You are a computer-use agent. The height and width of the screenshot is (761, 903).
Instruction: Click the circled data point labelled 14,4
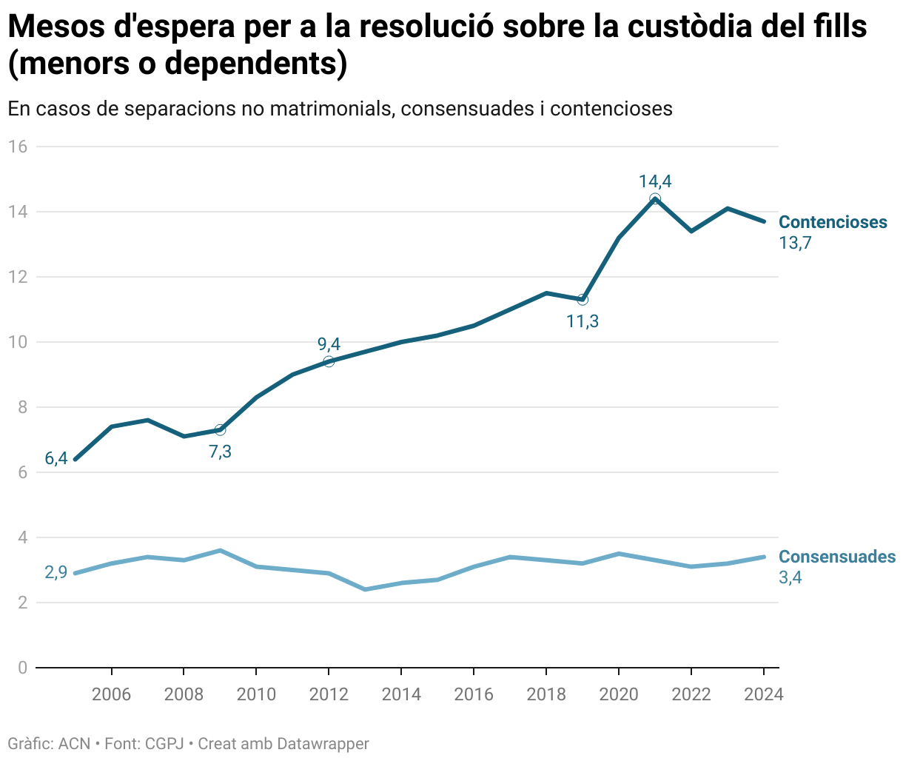point(655,199)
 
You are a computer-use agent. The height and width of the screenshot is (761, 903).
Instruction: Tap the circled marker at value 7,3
point(220,430)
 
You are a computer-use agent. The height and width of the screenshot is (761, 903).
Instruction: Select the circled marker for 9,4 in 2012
point(329,361)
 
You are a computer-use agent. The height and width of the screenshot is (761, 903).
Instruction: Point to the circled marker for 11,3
point(583,300)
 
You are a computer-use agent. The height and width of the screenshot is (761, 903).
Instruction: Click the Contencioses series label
point(833,222)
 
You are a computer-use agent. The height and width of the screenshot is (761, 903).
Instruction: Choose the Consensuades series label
point(837,557)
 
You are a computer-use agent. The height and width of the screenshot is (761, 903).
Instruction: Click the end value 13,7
point(795,243)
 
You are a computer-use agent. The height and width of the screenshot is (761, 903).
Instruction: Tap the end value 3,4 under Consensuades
point(790,577)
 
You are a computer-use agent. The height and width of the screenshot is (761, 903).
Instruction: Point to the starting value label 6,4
point(56,459)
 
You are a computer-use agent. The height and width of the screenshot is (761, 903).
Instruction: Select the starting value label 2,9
point(56,572)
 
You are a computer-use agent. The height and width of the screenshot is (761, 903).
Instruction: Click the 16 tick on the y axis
point(18,147)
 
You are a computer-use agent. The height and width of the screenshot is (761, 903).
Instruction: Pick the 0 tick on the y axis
point(22,668)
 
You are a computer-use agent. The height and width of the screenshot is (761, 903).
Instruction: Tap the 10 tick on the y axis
point(18,342)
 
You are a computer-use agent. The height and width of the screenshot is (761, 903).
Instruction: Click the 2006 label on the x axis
point(111,694)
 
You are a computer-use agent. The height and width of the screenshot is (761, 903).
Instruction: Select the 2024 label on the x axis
point(763,694)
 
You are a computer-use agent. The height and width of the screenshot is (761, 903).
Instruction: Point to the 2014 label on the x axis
point(400,694)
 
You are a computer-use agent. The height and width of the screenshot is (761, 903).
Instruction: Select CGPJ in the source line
point(164,743)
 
